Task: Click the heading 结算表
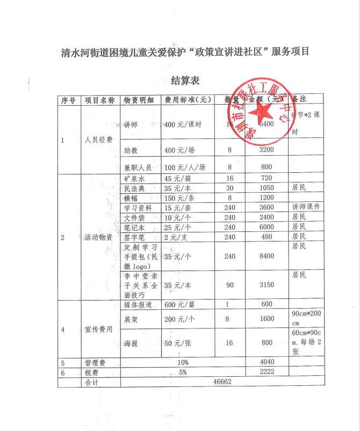pos(185,81)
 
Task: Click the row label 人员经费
pos(99,140)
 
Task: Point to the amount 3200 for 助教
pos(267,150)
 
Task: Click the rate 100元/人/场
pos(185,167)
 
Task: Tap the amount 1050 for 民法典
pos(267,188)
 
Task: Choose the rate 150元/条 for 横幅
pos(178,198)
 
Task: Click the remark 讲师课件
pos(306,207)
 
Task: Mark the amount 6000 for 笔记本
pos(267,227)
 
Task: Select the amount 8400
pos(267,257)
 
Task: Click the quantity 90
pos(230,285)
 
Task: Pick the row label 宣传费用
pos(99,329)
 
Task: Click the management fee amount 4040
pos(267,363)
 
